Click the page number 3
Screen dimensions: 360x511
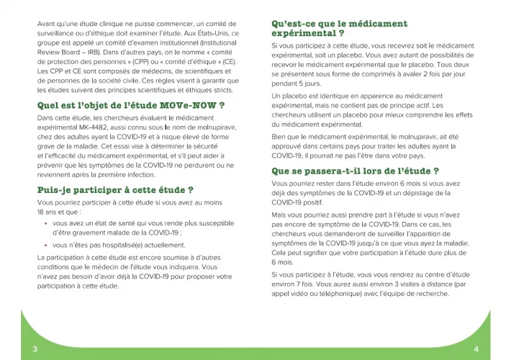(35, 348)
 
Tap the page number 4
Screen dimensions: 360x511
(476, 348)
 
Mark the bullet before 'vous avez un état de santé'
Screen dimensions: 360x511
(46, 223)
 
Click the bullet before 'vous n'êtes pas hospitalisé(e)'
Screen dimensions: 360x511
(46, 245)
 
